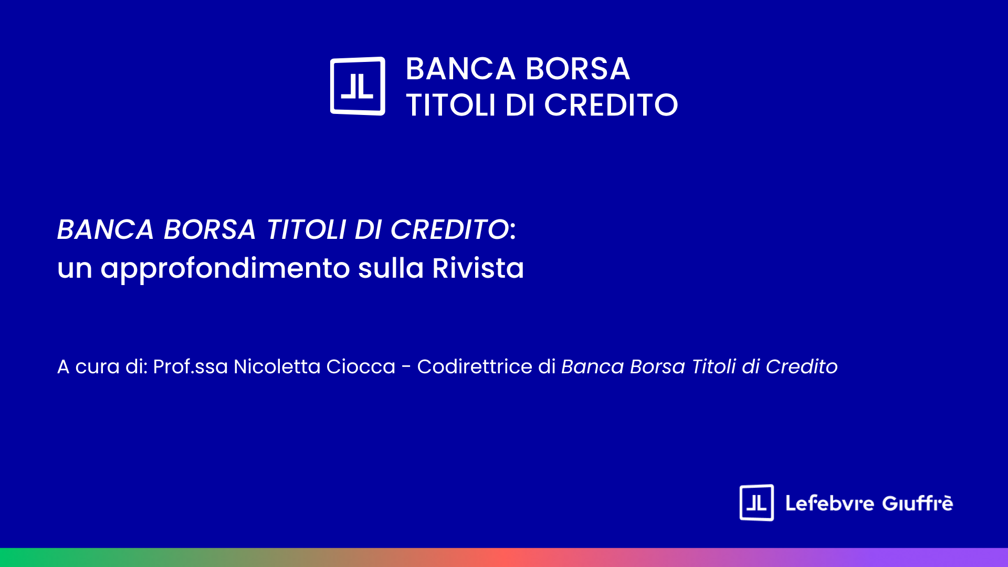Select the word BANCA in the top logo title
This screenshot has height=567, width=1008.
coord(460,69)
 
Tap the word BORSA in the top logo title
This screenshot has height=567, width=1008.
coord(577,69)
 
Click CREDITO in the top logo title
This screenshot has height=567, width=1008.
coord(611,105)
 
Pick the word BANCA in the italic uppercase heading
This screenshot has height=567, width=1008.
coord(105,229)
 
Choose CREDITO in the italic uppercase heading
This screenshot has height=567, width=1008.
coord(449,229)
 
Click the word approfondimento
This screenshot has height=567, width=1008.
coord(225,269)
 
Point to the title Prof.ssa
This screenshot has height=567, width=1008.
coord(191,366)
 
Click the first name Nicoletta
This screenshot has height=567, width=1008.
coord(277,366)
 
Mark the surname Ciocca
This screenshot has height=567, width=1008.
coord(361,366)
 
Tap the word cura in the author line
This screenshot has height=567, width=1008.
coord(98,367)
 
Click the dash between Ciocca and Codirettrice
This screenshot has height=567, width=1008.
coord(406,367)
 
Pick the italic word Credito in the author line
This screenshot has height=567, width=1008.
coord(802,366)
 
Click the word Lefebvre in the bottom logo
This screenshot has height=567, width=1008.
coord(829,503)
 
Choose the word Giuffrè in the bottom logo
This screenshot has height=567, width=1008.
coord(918,503)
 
